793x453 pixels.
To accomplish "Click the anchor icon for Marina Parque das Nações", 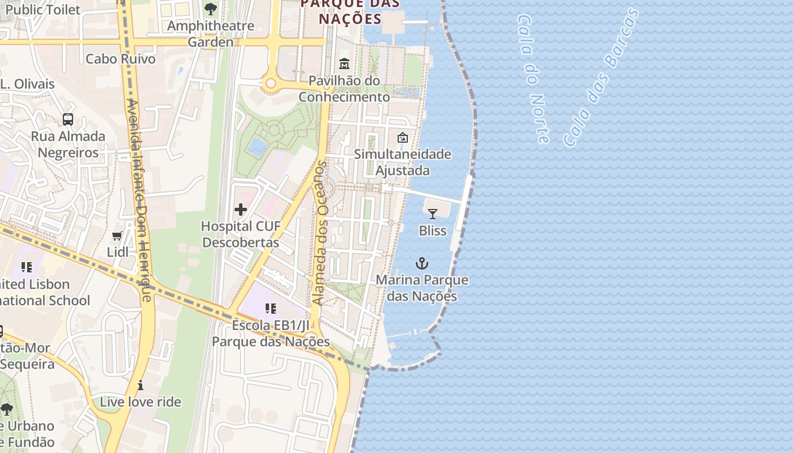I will point(422,263).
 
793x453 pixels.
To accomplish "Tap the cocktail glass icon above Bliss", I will point(433,213).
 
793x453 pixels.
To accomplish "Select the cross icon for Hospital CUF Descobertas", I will point(241,210).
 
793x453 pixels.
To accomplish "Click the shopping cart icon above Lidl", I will point(117,236).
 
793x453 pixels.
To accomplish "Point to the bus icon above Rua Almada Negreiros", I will point(68,119).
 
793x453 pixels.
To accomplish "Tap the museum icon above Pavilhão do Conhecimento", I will point(344,64).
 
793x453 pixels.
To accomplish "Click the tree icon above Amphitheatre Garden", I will point(211,9).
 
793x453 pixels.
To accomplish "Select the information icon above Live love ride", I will point(140,386).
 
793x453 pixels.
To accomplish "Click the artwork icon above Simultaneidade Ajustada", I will point(403,138).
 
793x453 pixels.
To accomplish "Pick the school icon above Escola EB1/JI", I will point(271,309).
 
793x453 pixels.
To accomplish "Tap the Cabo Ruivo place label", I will point(120,59).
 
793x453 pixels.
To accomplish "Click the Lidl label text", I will point(118,252).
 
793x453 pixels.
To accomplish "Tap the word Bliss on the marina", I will point(433,230).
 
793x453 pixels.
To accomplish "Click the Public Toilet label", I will point(42,10).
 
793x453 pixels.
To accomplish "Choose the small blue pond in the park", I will point(258,147).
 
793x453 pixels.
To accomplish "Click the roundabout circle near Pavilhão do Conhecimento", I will point(271,84).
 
